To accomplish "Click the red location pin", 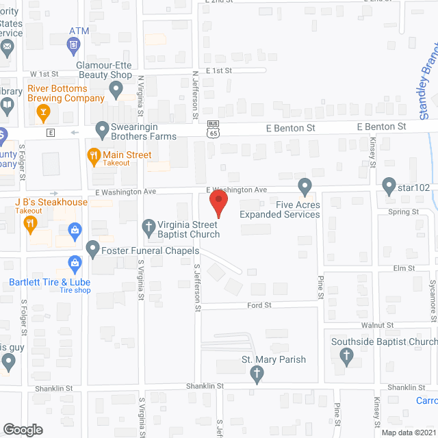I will (x=218, y=203).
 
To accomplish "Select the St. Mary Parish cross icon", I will (x=257, y=373).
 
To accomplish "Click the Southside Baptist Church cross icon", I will (x=346, y=355).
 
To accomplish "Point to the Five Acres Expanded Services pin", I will (x=305, y=186).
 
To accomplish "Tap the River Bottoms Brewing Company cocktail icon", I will (x=43, y=112).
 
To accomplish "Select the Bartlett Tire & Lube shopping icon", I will (x=75, y=263).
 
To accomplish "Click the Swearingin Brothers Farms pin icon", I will (x=102, y=128).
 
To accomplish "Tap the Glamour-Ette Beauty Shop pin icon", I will (x=116, y=88).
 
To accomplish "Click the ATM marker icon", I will (x=75, y=46).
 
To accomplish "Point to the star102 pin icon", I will (x=389, y=185).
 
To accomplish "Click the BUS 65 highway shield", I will (x=213, y=129).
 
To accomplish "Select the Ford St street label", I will (x=259, y=305).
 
